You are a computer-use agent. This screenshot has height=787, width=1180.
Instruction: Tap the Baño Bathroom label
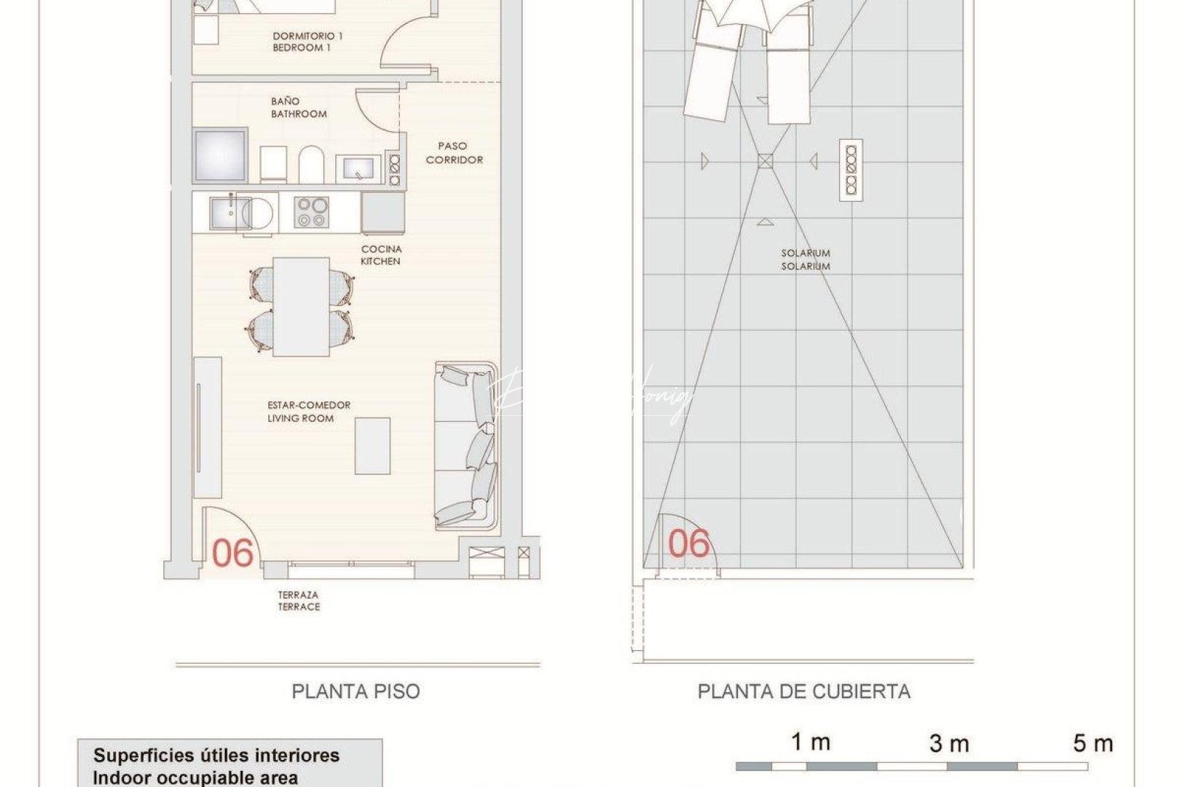pos(299,108)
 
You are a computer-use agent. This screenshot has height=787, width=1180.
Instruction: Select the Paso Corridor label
pos(455,153)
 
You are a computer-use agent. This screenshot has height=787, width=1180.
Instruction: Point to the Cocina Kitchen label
pos(381,255)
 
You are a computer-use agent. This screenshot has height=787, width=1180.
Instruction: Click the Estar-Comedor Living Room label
pos(308,412)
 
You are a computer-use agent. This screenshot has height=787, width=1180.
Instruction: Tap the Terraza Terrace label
pos(299,600)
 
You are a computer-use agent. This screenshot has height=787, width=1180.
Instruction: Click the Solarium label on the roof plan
pos(806,259)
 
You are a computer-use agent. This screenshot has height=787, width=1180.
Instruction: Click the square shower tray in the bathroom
pos(220,156)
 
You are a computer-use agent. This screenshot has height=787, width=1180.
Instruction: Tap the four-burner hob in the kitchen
pos(312,213)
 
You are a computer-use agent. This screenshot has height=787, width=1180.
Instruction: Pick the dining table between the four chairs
pos(301,306)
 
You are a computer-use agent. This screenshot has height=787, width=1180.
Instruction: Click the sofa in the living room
pos(466,446)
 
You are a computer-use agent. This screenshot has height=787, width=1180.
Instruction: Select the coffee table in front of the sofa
pos(372,446)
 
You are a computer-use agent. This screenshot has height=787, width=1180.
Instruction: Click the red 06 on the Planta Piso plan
pos(232,554)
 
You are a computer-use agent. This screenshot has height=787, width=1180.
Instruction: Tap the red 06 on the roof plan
pos(689,544)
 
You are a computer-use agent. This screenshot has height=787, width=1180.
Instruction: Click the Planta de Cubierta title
pos(804,691)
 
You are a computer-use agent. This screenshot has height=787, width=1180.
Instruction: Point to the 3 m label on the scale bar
pos(949,744)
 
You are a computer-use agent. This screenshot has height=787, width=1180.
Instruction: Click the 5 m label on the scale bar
pos(1093,744)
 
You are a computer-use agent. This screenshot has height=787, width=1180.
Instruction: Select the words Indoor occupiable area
pos(195,778)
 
